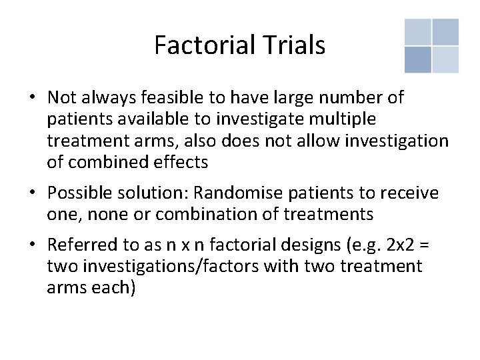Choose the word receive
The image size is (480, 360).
[x=409, y=193]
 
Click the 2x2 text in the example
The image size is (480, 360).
[x=399, y=245]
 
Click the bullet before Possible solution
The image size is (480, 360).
[x=32, y=193]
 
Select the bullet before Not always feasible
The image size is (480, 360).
[x=32, y=98]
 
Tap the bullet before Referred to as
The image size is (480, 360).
[x=32, y=245]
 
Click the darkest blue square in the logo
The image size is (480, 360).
[x=417, y=59]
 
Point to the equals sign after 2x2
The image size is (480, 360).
[x=424, y=245]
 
